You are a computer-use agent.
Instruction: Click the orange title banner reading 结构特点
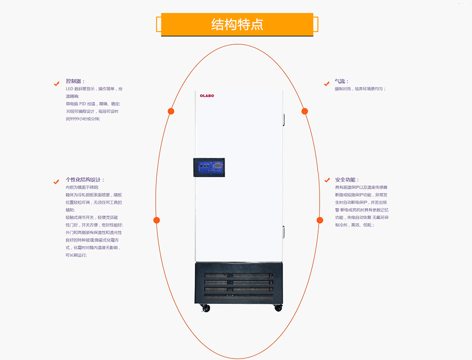237,24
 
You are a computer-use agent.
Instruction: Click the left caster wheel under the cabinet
206,308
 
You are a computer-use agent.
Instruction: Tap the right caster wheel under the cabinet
278,307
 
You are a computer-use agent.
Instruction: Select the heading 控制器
75,81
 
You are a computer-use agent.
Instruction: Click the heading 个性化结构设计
85,180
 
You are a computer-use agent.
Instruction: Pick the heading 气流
341,81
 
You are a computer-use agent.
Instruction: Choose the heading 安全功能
347,180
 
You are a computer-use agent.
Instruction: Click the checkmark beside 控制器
57,84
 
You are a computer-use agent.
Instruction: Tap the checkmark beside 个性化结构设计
57,182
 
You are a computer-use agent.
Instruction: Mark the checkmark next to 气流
327,84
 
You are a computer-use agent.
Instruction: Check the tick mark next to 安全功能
327,180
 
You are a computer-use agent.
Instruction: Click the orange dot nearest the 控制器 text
171,111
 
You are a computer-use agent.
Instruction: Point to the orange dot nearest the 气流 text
305,111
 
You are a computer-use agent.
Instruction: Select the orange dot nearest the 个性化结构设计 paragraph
157,220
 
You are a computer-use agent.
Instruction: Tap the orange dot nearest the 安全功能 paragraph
320,220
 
